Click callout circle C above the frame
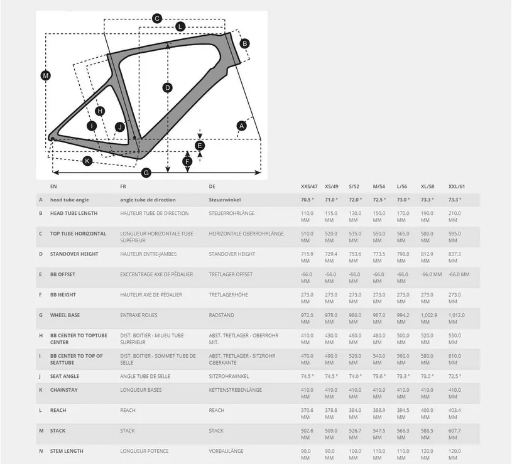click(x=157, y=19)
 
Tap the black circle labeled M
click(x=46, y=76)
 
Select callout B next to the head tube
click(x=244, y=43)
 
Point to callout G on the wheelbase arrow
click(x=146, y=173)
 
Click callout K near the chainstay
click(x=87, y=161)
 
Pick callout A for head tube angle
click(x=242, y=126)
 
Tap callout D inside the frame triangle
click(x=168, y=87)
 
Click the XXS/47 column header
click(x=309, y=186)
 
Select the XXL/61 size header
click(x=457, y=186)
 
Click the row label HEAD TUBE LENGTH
click(x=74, y=213)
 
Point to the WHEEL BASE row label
click(x=65, y=315)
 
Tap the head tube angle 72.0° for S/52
click(x=356, y=200)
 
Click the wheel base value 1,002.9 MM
click(x=428, y=318)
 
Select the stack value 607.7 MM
click(x=455, y=434)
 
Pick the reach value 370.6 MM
click(x=307, y=413)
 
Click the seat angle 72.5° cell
click(x=455, y=376)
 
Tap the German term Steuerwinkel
click(x=225, y=200)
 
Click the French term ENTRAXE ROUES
click(x=139, y=315)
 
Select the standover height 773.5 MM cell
click(x=379, y=257)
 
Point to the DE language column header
click(x=212, y=186)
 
